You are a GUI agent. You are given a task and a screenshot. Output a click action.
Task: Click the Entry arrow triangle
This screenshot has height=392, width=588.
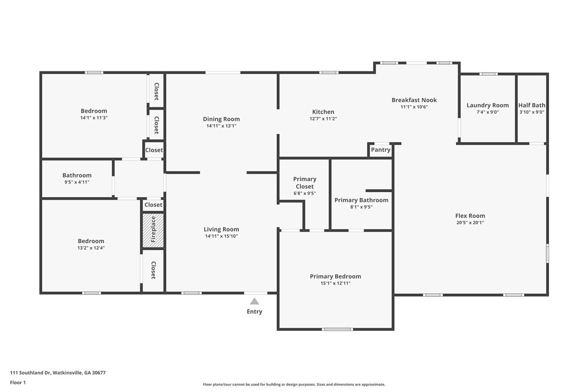tap(254, 301)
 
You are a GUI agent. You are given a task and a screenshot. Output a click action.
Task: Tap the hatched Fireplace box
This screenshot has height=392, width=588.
tap(153, 230)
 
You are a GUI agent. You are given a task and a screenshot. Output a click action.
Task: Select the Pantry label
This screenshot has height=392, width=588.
tap(381, 149)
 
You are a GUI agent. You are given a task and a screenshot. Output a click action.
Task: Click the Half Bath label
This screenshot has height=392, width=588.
tap(532, 106)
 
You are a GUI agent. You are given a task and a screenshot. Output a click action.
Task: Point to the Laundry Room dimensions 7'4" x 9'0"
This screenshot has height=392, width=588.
tap(487, 112)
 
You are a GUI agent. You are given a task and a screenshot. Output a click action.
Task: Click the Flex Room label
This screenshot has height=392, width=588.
tap(471, 215)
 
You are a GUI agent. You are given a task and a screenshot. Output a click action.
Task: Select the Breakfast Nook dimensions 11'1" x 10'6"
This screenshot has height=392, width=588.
tap(414, 107)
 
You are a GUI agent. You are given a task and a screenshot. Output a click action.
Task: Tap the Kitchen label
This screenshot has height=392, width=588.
tap(323, 112)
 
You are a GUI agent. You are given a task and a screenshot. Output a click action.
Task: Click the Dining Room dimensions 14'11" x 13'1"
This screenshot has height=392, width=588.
tap(221, 126)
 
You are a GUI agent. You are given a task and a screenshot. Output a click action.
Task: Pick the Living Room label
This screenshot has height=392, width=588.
tap(221, 229)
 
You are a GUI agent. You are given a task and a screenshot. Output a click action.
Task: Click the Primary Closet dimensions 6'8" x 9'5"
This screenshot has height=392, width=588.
tap(304, 193)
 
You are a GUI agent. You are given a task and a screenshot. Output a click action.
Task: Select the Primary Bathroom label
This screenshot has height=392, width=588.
tap(362, 200)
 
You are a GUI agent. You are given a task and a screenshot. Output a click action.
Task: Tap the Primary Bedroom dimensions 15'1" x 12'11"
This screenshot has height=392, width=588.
tap(336, 283)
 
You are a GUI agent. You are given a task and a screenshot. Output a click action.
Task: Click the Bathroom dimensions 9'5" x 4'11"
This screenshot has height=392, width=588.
tap(77, 182)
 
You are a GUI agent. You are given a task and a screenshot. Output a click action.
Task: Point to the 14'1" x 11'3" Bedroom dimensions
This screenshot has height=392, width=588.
tap(94, 117)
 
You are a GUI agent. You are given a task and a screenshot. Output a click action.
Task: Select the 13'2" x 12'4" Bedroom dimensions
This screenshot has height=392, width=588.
tap(91, 247)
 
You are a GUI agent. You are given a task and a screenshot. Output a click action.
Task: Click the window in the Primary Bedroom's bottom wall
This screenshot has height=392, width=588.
tap(337, 329)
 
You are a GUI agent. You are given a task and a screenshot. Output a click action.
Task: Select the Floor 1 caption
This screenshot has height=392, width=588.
tap(18, 383)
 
